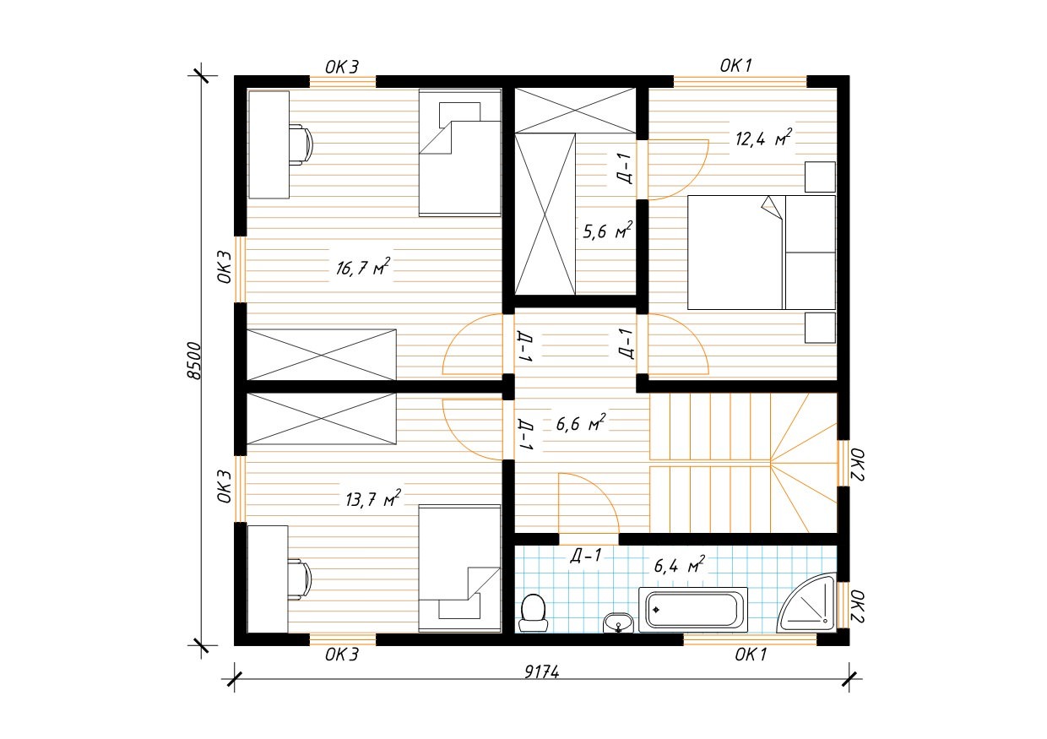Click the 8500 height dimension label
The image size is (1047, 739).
coord(193,361)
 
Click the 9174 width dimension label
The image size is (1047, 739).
coord(542,672)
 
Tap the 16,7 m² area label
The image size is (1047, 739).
coord(363,267)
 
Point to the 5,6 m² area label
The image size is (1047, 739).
coord(607,231)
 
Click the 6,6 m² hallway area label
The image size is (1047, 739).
coord(581,423)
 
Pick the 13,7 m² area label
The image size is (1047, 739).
coord(373,499)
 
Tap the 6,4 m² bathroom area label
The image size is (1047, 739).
coord(679,565)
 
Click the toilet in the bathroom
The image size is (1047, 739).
coord(534,613)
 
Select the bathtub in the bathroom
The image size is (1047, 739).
coord(693,610)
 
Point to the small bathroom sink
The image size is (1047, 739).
coord(618,623)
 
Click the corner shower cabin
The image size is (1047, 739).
coord(806,602)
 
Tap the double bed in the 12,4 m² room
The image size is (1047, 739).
coord(762,253)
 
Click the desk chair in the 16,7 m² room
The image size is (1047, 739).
coord(301,144)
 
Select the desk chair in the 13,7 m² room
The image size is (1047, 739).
coord(300,579)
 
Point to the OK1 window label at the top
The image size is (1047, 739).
coord(735,66)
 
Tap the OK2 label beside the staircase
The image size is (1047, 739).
coord(857,465)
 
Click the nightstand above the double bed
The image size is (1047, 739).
coord(820,177)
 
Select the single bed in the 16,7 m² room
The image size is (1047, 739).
coord(460,152)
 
